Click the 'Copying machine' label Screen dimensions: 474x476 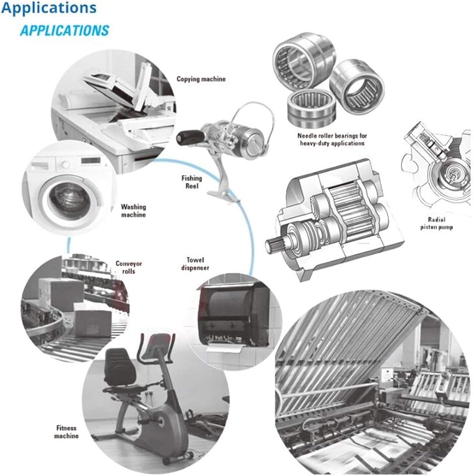201,79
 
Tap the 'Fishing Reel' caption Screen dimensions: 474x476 192,182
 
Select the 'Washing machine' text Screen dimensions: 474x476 134,211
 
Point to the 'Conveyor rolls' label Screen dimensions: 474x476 128,268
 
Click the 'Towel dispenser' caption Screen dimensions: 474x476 195,264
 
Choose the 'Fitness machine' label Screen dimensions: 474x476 66,432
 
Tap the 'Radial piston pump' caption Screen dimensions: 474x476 436,223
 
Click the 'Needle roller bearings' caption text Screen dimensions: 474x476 332,139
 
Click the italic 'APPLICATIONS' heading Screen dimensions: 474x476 64,30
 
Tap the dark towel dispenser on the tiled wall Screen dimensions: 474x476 234,316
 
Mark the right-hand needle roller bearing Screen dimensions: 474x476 357,88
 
